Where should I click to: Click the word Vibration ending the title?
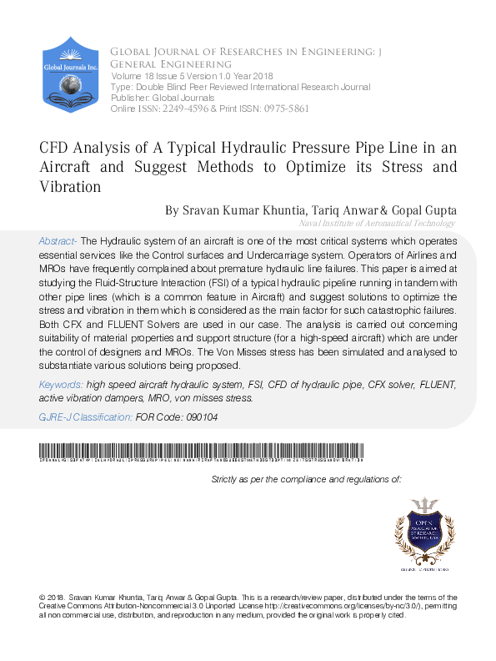point(71,187)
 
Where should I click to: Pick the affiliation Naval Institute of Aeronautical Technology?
point(377,224)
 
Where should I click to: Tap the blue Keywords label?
point(61,385)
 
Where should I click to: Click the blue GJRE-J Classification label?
point(85,417)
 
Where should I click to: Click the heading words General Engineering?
point(171,64)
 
